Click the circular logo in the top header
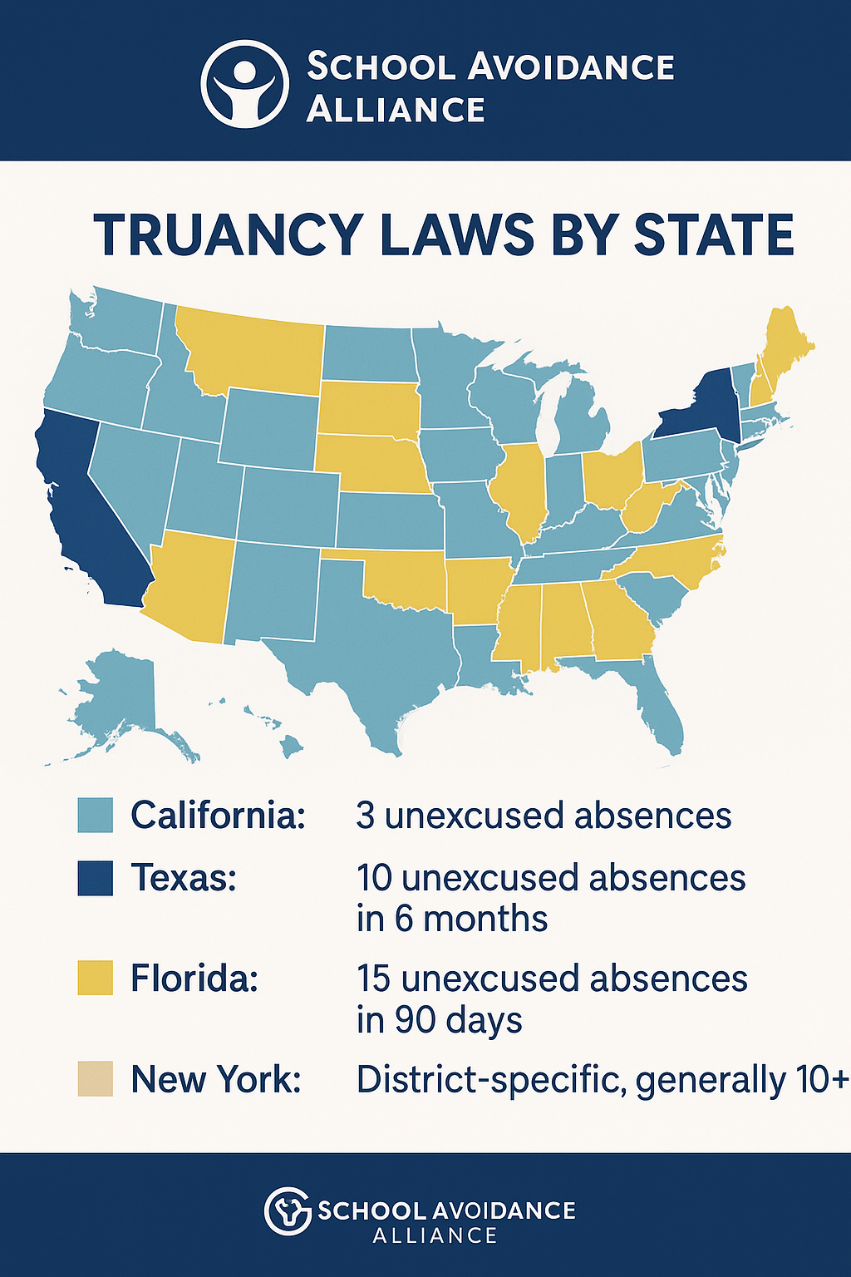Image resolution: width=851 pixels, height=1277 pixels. pyautogui.click(x=244, y=85)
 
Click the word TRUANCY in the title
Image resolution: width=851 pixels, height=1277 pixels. pyautogui.click(x=227, y=235)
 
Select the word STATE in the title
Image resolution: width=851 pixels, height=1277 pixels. pyautogui.click(x=714, y=235)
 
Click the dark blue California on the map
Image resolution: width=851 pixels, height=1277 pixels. pyautogui.click(x=83, y=507)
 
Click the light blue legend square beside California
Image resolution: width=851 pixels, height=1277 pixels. pyautogui.click(x=95, y=816)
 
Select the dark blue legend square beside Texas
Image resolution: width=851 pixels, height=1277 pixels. pyautogui.click(x=95, y=878)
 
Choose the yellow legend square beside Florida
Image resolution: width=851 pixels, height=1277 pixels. pyautogui.click(x=95, y=978)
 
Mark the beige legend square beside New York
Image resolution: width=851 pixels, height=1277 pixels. pyautogui.click(x=95, y=1078)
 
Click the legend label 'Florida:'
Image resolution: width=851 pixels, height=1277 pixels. pyautogui.click(x=194, y=979)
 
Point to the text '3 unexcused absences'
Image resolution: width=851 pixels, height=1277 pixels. pyautogui.click(x=544, y=816)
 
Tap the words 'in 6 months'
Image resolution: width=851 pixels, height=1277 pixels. pyautogui.click(x=452, y=920)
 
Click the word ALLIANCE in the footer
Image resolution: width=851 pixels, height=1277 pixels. pyautogui.click(x=435, y=1235)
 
